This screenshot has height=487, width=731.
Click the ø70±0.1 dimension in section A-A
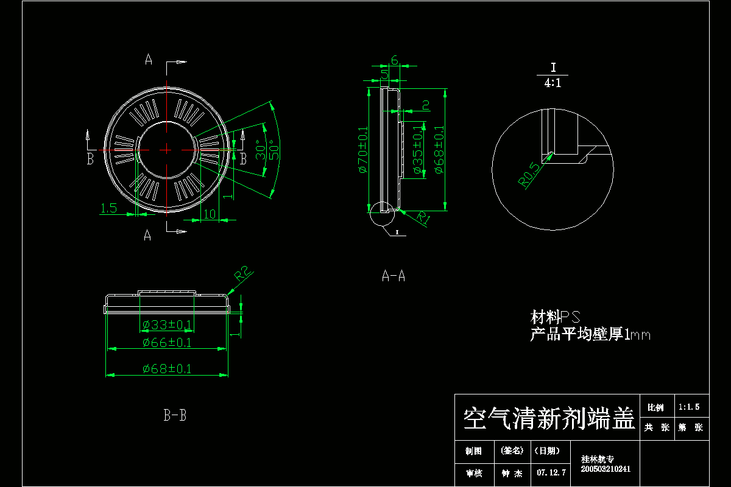pos(363,150)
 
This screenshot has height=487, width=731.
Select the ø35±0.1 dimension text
pos(418,150)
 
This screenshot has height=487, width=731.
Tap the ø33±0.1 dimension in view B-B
pos(166,324)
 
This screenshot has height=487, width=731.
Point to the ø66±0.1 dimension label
pos(166,343)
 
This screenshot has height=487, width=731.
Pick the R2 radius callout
pos(244,275)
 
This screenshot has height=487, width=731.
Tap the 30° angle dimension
pos(260,149)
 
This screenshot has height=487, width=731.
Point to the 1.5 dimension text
pos(108,208)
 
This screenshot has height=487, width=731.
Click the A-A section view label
pos(393,276)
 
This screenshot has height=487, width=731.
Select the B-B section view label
pos(175,416)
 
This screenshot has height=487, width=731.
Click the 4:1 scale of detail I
pos(553,83)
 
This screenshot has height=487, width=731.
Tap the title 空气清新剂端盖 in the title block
pos(549,419)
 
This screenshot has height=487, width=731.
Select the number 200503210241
pos(606,469)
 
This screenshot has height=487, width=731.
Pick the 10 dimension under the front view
pos(210,214)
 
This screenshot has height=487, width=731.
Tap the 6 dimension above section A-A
pos(394,60)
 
